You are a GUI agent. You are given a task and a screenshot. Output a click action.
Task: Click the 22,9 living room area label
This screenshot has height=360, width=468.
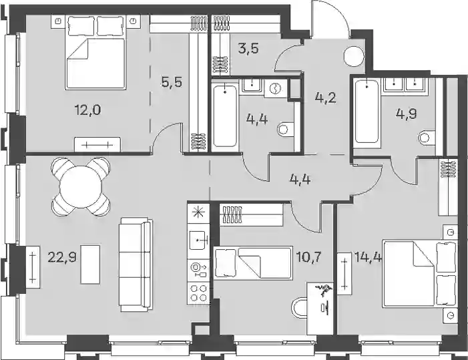[x=62, y=256]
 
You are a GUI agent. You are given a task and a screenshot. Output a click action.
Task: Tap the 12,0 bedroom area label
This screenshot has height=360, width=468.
[x=87, y=110]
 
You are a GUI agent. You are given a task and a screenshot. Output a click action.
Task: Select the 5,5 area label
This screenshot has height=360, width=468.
[x=172, y=82]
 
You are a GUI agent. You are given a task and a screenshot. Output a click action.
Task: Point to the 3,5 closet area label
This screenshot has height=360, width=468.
[x=248, y=48]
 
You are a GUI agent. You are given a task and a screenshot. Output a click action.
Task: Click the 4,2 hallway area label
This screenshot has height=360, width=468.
[x=326, y=98]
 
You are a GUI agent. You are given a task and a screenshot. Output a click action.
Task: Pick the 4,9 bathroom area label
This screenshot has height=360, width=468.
[x=406, y=114]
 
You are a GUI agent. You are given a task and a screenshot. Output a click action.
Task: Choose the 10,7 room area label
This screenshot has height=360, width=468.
[x=308, y=256]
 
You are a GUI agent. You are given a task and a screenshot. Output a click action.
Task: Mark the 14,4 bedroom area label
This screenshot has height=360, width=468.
[x=368, y=256]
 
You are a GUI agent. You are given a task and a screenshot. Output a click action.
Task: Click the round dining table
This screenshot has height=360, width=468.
[x=81, y=186]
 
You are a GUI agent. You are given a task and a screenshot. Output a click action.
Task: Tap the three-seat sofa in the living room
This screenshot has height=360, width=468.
[x=136, y=264]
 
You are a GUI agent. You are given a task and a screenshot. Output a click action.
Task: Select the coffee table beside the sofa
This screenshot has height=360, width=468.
[x=90, y=264]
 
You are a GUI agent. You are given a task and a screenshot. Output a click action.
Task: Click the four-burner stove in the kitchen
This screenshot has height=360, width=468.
[x=198, y=293]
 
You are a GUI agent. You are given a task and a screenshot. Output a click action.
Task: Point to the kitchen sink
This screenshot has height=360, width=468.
[x=198, y=240]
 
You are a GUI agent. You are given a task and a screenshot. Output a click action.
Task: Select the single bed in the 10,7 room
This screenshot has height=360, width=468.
[x=253, y=263]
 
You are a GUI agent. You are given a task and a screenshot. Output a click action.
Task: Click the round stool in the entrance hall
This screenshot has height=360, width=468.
[x=354, y=57]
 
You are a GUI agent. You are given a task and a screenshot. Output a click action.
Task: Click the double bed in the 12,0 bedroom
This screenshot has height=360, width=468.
[x=95, y=53]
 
